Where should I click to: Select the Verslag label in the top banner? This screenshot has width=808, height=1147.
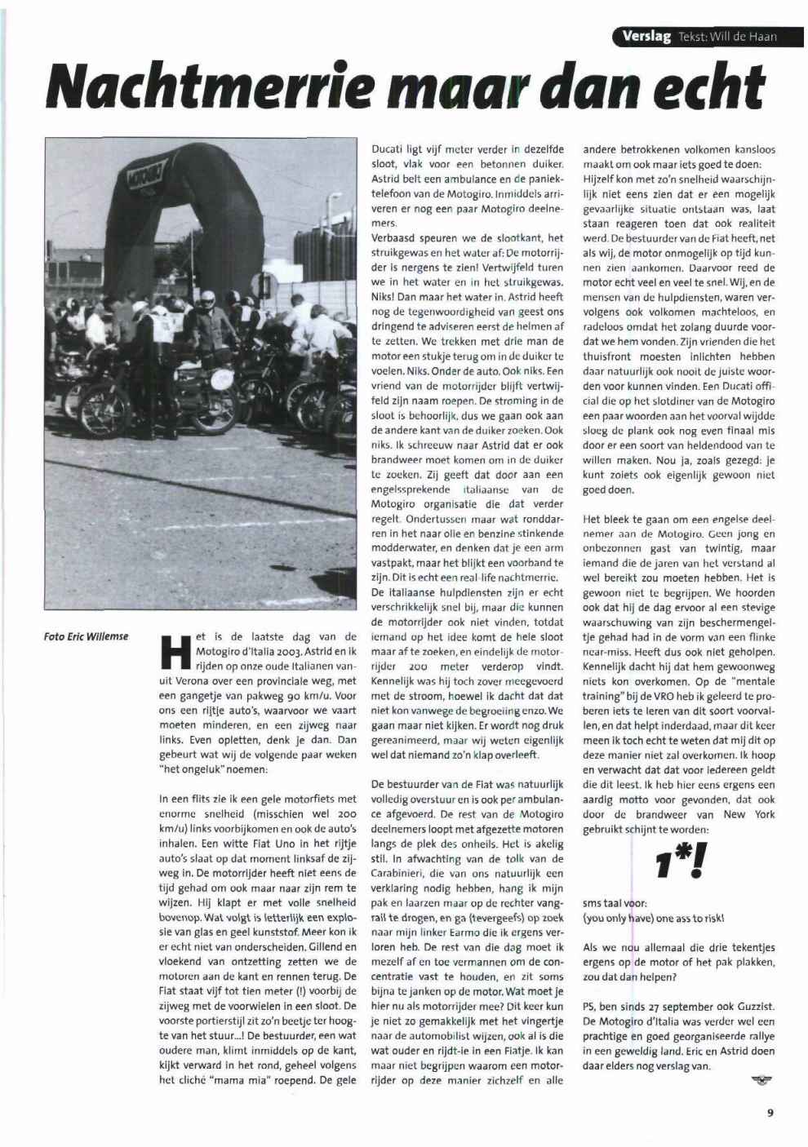[x=646, y=36]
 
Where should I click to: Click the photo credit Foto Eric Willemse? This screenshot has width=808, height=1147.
[x=86, y=636]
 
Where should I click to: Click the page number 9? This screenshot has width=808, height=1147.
[x=770, y=1110]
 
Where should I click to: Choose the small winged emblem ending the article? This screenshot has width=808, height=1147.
[x=761, y=1080]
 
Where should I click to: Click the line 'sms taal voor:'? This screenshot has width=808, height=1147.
[x=615, y=904]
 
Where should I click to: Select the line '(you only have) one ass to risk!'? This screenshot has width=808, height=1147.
[x=654, y=919]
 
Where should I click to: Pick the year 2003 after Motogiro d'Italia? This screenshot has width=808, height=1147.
[x=286, y=651]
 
